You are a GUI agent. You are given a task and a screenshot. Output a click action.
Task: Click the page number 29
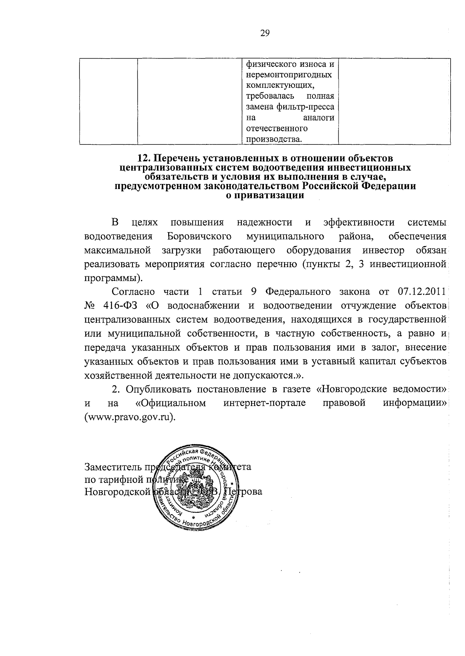click(x=265, y=33)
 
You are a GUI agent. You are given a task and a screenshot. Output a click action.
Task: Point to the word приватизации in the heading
click(x=265, y=196)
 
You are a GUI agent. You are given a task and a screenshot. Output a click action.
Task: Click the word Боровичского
click(x=200, y=236)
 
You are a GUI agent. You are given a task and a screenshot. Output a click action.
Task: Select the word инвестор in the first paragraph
click(x=384, y=250)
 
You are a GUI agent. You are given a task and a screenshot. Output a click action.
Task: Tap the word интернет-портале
click(x=265, y=403)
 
